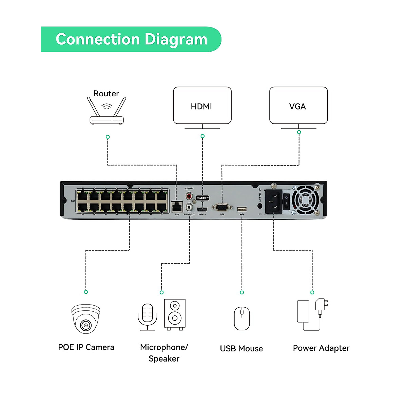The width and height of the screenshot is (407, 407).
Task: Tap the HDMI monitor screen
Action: [202, 105]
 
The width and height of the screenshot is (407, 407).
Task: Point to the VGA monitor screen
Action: [298, 105]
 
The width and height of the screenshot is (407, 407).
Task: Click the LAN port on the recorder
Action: [177, 206]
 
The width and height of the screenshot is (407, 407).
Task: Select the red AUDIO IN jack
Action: [189, 196]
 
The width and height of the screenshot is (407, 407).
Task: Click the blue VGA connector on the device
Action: [222, 207]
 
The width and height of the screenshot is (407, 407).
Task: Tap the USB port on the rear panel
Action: [242, 209]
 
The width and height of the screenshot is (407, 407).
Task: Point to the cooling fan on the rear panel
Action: [306, 200]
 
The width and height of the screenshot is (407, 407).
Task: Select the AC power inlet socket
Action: [273, 201]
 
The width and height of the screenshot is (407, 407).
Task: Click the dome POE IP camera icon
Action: [86, 318]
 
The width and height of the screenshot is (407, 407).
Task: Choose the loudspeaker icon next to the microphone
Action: [175, 314]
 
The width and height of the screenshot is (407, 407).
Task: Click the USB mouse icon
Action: [242, 318]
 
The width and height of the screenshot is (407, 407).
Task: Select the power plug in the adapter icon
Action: [321, 305]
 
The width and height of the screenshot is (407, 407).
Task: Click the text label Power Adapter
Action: [321, 348]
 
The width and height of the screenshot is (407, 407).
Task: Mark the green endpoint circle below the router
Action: [108, 137]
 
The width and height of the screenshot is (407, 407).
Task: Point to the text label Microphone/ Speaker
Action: [164, 353]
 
